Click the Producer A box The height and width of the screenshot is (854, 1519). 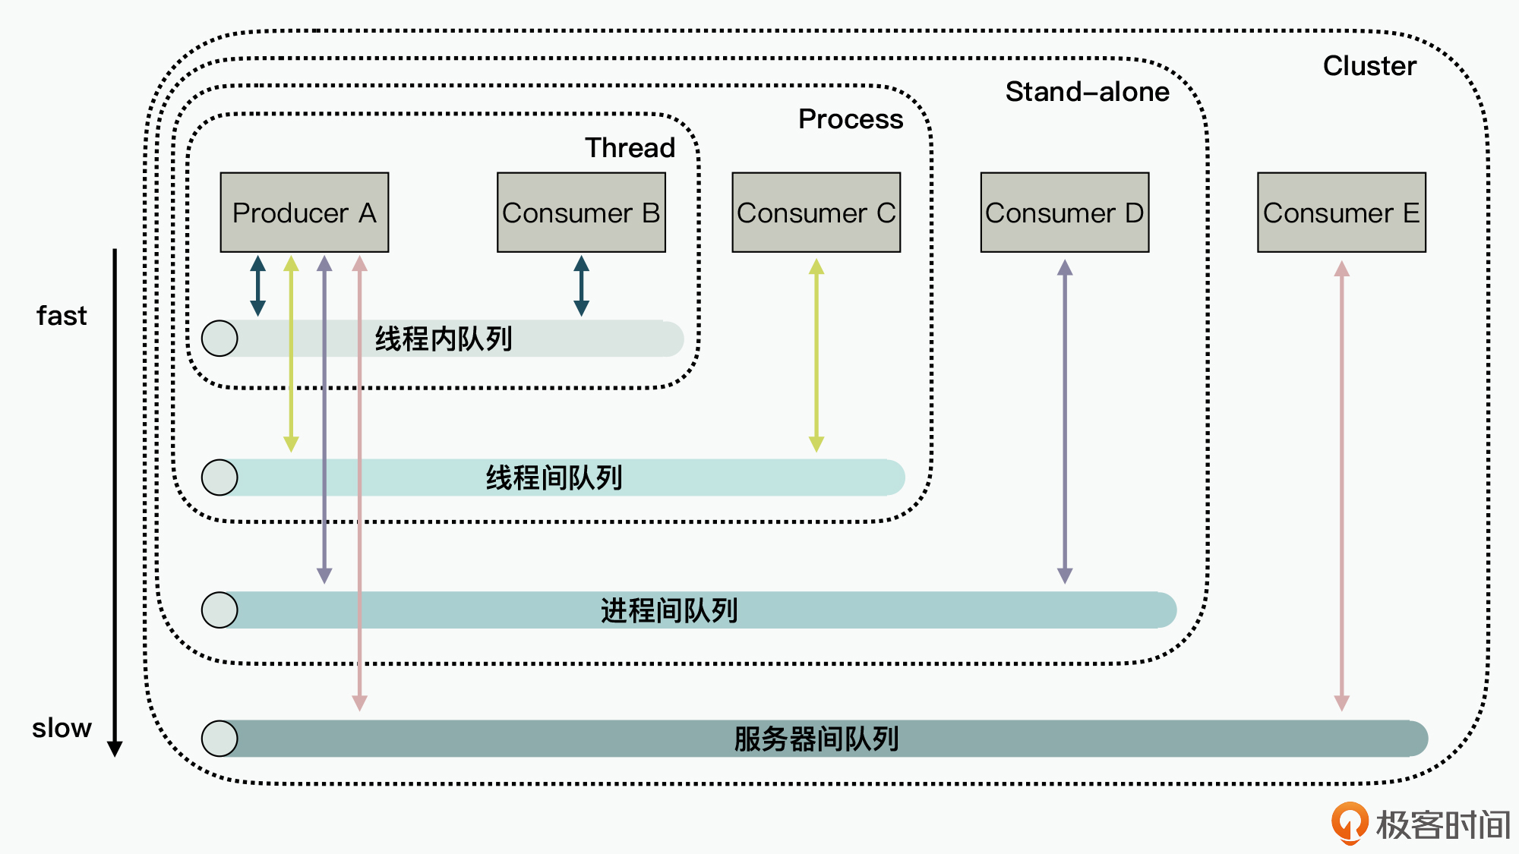pyautogui.click(x=304, y=213)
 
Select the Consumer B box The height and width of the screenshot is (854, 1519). pyautogui.click(x=581, y=213)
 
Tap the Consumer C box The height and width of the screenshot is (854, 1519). pyautogui.click(x=816, y=213)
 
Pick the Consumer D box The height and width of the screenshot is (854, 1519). pyautogui.click(x=1064, y=213)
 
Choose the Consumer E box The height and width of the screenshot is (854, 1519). pyautogui.click(x=1341, y=213)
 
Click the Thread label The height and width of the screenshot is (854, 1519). pyautogui.click(x=630, y=147)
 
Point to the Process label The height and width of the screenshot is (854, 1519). pyautogui.click(x=851, y=119)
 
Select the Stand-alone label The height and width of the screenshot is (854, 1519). pyautogui.click(x=1087, y=92)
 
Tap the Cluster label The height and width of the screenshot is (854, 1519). pyautogui.click(x=1369, y=66)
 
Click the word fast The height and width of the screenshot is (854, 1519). pyautogui.click(x=62, y=316)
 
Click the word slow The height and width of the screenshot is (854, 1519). pyautogui.click(x=62, y=728)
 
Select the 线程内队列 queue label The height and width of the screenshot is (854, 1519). pyautogui.click(x=444, y=339)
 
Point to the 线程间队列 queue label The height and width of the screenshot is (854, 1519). pyautogui.click(x=554, y=477)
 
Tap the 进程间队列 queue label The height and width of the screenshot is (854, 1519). pyautogui.click(x=669, y=610)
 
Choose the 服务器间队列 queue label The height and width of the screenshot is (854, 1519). pyautogui.click(x=816, y=739)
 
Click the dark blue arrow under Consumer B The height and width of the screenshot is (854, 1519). pyautogui.click(x=581, y=285)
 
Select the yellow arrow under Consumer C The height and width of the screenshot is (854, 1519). pyautogui.click(x=816, y=355)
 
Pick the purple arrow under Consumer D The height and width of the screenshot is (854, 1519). pyautogui.click(x=1065, y=421)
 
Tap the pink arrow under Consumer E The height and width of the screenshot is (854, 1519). pyautogui.click(x=1342, y=486)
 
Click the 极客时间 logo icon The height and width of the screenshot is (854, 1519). pyautogui.click(x=1350, y=824)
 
